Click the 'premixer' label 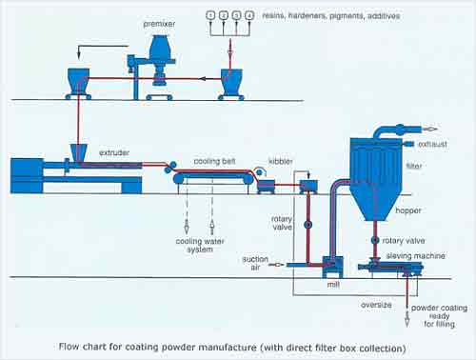point(159,24)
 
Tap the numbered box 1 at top point(210,15)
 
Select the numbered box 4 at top point(250,15)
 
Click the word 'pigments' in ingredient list point(347,16)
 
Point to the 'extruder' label point(114,152)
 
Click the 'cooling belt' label point(214,161)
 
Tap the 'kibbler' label point(281,161)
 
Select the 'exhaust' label point(432,144)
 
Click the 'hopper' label point(408,210)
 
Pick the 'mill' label point(333,285)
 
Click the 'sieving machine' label point(415,256)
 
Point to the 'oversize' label point(376,305)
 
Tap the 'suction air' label point(255,263)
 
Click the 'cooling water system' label point(200,245)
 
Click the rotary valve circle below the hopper point(375,240)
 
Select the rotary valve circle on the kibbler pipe point(307,225)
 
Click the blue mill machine point(332,267)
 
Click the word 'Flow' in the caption point(69,347)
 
